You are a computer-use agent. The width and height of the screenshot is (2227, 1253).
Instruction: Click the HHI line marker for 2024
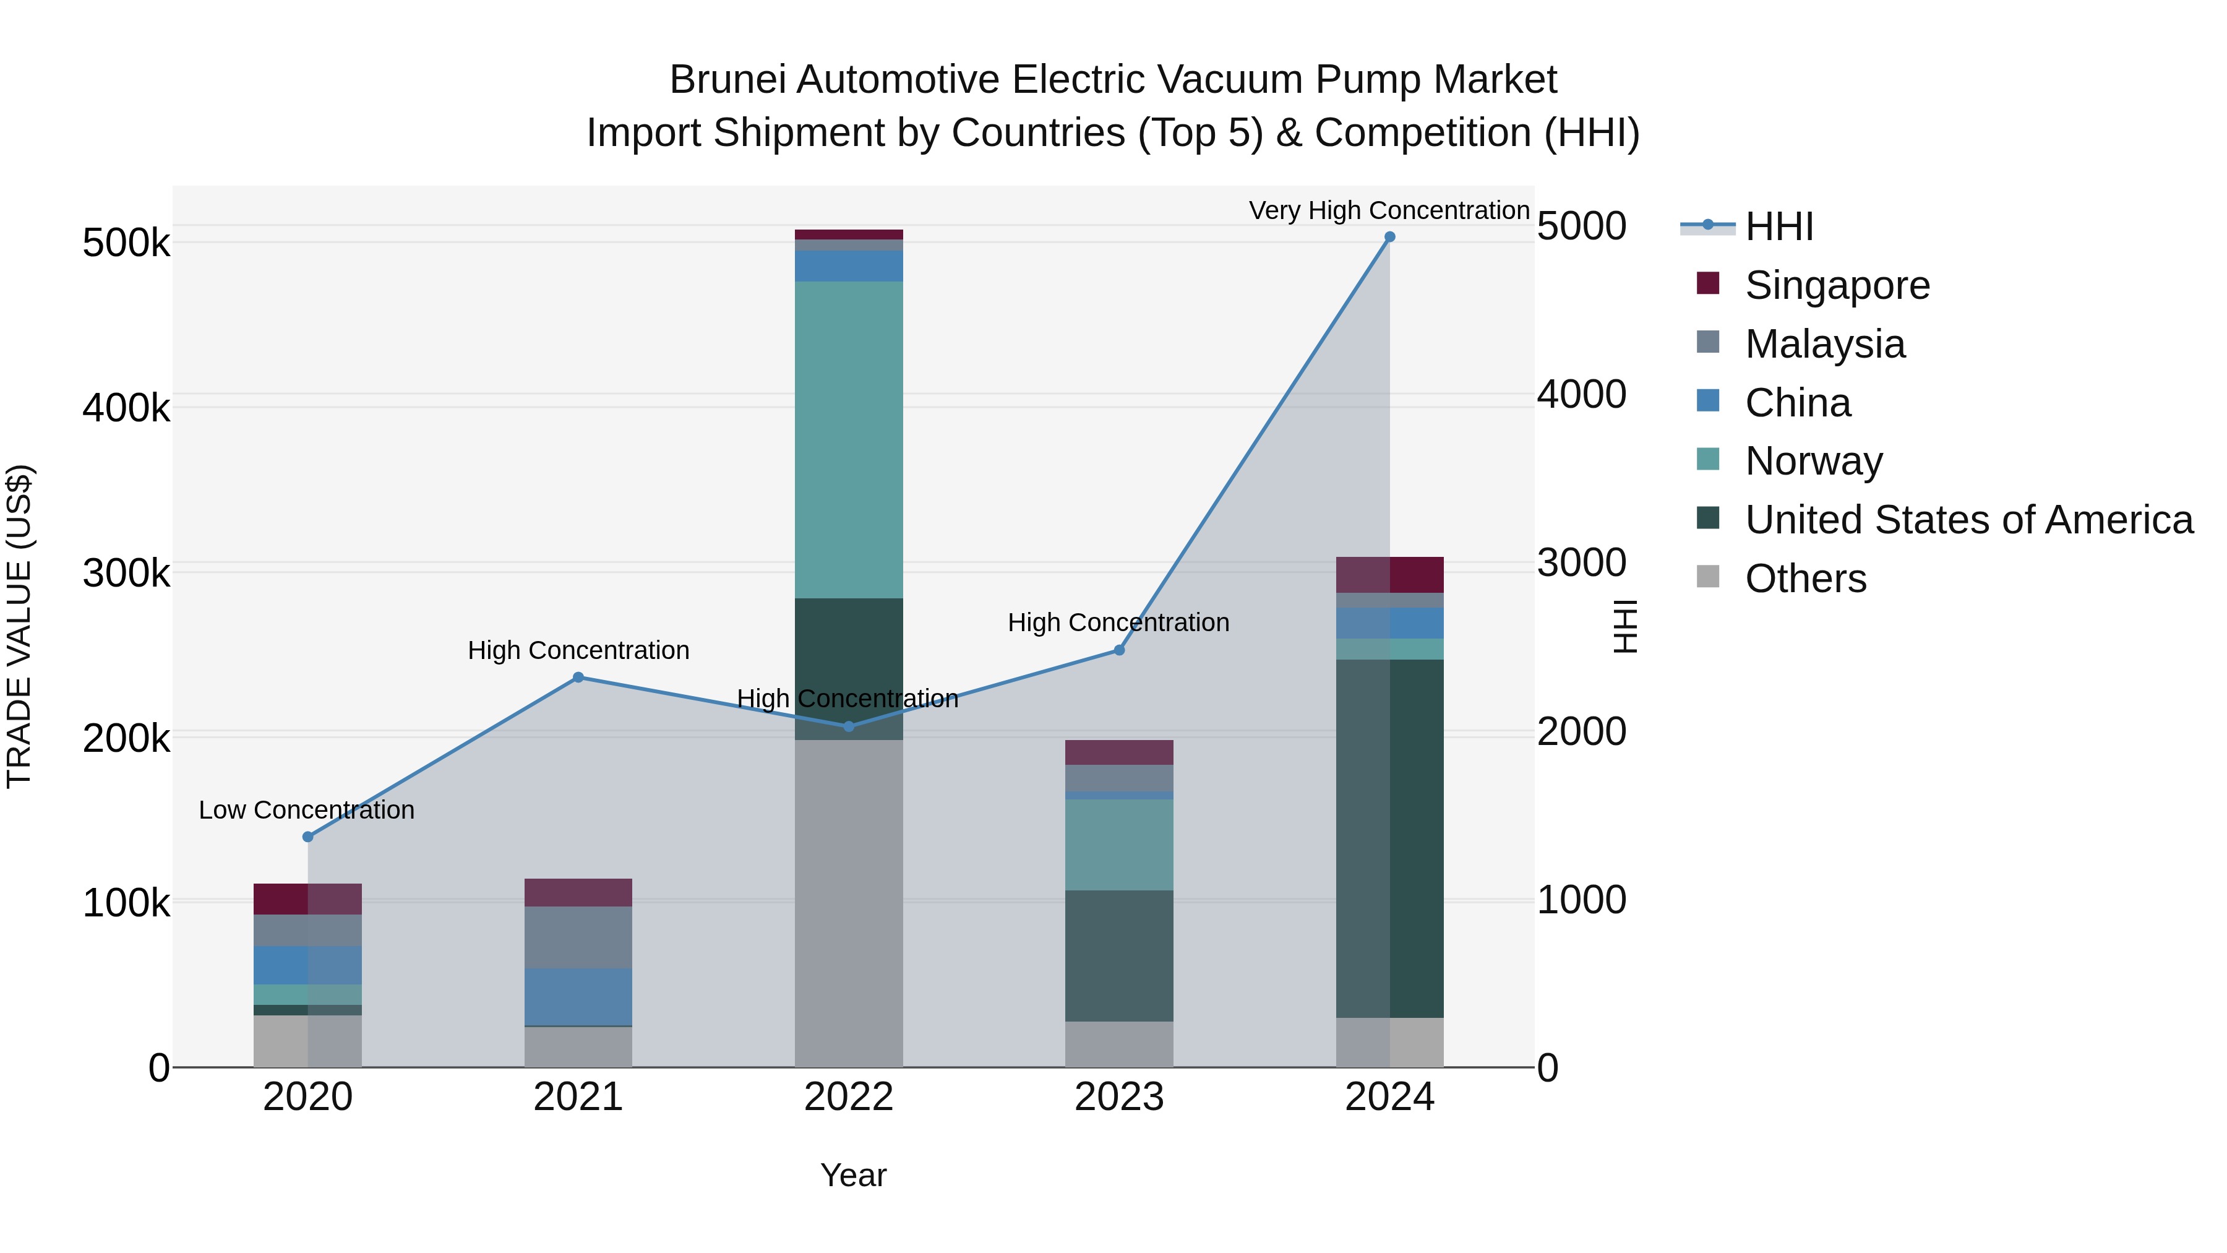click(1389, 237)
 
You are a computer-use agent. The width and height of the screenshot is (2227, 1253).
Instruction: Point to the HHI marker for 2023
click(1118, 650)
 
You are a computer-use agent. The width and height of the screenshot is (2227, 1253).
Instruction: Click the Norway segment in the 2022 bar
click(848, 439)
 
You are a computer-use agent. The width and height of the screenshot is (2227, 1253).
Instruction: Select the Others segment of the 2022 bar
click(848, 903)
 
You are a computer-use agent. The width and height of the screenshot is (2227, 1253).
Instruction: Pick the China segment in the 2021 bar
click(578, 996)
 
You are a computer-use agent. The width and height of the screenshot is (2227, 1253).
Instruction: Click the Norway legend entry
click(1813, 461)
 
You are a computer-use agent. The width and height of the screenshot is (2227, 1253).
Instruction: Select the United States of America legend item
click(1968, 520)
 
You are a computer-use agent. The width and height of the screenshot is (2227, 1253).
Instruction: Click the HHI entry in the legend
click(1779, 226)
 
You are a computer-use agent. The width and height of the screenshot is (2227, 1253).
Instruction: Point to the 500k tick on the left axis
click(126, 243)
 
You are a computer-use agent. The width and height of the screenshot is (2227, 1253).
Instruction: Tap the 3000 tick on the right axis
click(1581, 563)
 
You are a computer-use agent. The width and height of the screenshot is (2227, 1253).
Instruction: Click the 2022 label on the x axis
click(848, 1097)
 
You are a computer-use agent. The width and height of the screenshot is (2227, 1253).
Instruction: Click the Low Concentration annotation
click(306, 810)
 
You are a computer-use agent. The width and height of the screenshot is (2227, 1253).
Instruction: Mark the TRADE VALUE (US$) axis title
click(19, 626)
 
